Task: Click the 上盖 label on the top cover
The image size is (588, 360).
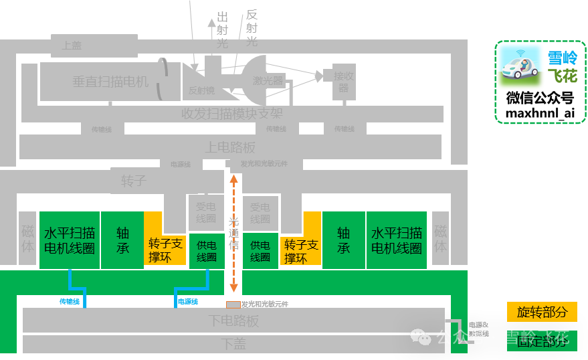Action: (72, 46)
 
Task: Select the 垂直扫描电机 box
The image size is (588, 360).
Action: (110, 82)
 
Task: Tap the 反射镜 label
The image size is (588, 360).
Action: (201, 90)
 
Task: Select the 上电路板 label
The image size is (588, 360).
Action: (230, 147)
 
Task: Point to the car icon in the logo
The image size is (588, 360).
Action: (520, 68)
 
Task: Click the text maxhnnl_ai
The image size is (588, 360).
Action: (540, 113)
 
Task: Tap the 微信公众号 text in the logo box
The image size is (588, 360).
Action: (540, 98)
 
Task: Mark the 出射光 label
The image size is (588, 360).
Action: (223, 30)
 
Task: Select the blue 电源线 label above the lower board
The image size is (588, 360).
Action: (187, 302)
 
